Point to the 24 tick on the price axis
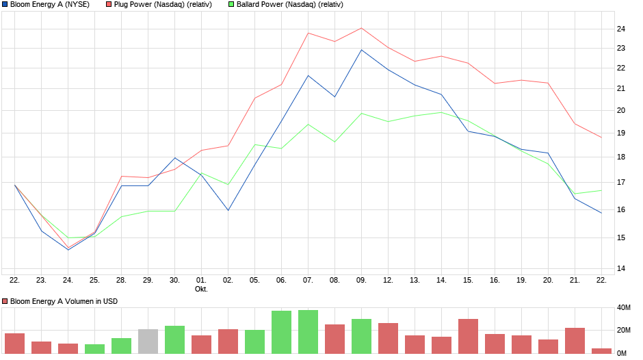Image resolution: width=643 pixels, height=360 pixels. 622,29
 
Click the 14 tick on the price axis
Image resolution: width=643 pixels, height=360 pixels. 622,268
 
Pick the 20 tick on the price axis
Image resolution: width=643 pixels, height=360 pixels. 622,110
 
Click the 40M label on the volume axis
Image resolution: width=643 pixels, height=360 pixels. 624,308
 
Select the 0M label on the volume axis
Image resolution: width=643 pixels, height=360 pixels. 622,352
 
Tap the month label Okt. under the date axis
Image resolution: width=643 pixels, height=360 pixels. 201,289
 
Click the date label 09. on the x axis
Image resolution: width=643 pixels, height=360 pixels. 361,280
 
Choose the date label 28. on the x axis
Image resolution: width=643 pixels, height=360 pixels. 121,280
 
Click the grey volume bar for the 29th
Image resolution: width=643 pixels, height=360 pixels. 148,342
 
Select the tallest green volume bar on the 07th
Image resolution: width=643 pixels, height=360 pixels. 308,332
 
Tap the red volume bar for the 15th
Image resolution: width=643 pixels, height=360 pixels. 468,336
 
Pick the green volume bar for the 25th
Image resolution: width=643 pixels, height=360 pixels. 94,348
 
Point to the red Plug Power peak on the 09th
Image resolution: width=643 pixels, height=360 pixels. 361,29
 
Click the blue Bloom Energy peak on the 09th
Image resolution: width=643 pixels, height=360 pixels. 361,50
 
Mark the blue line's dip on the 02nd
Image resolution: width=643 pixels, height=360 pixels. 228,209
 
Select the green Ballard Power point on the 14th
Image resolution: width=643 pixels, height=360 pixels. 441,112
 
